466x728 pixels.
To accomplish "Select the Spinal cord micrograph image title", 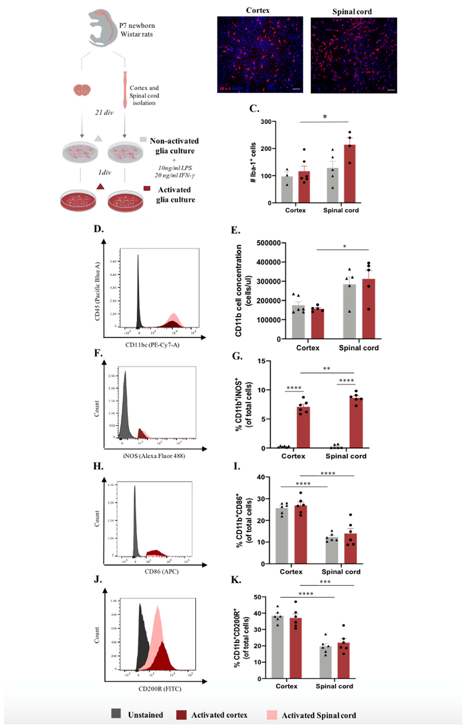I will [x=352, y=12].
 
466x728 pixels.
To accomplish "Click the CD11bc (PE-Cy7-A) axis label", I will [x=152, y=345].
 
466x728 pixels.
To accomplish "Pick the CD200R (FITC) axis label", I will [x=160, y=689].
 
